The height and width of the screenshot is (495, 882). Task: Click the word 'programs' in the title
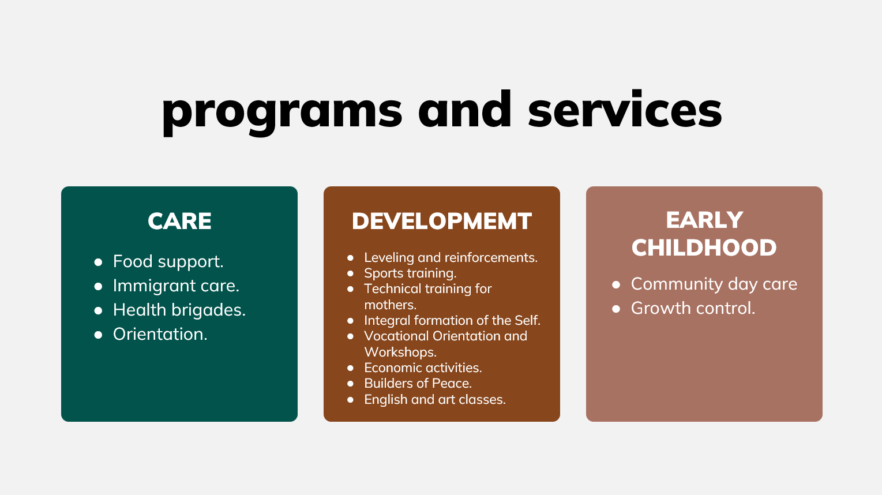(x=282, y=113)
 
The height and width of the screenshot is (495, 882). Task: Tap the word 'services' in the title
(x=625, y=109)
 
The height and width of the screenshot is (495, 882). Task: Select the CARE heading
(x=179, y=221)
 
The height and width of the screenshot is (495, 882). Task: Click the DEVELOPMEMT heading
(x=442, y=221)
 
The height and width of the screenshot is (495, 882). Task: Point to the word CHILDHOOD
(x=704, y=247)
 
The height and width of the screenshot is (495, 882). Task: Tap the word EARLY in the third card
(x=704, y=220)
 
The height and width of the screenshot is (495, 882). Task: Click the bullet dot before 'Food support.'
(x=98, y=262)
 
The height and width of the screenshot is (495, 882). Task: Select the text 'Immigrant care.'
(x=176, y=286)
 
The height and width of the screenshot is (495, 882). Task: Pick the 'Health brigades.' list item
(x=179, y=310)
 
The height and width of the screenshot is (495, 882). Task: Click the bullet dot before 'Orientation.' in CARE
(x=98, y=335)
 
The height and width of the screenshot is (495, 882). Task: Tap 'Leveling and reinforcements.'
(x=451, y=257)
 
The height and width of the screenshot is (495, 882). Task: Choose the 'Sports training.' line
(x=410, y=273)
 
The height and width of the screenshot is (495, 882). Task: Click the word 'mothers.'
(x=390, y=305)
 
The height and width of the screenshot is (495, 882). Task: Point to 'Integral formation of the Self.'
(x=452, y=321)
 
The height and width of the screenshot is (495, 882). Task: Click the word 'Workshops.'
(x=400, y=352)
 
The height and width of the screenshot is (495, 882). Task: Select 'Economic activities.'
(x=423, y=368)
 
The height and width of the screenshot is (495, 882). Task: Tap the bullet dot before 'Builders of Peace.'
(x=351, y=384)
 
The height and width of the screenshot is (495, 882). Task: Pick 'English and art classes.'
(x=435, y=400)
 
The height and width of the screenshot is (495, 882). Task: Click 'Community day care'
(x=714, y=284)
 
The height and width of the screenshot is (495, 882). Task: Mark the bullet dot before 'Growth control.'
(x=616, y=309)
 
